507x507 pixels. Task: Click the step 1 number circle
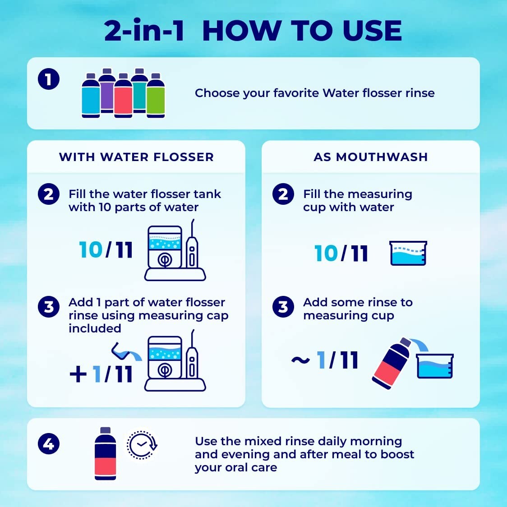tap(49, 80)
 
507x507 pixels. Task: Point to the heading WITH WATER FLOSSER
tap(136, 157)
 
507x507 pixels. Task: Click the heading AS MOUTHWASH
tap(370, 157)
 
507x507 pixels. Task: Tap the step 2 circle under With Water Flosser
tap(49, 194)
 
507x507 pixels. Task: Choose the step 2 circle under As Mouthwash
tap(283, 194)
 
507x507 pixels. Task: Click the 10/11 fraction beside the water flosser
tap(106, 250)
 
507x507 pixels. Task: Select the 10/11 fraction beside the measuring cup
tap(341, 253)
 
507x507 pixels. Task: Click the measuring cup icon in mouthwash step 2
tap(408, 253)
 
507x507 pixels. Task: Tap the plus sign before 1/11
tap(78, 374)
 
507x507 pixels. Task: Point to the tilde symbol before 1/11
tap(300, 360)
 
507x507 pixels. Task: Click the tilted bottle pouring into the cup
tap(391, 364)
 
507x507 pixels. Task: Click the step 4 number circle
tap(49, 444)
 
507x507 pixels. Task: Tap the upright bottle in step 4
tap(105, 454)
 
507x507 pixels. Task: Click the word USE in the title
tap(372, 31)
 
